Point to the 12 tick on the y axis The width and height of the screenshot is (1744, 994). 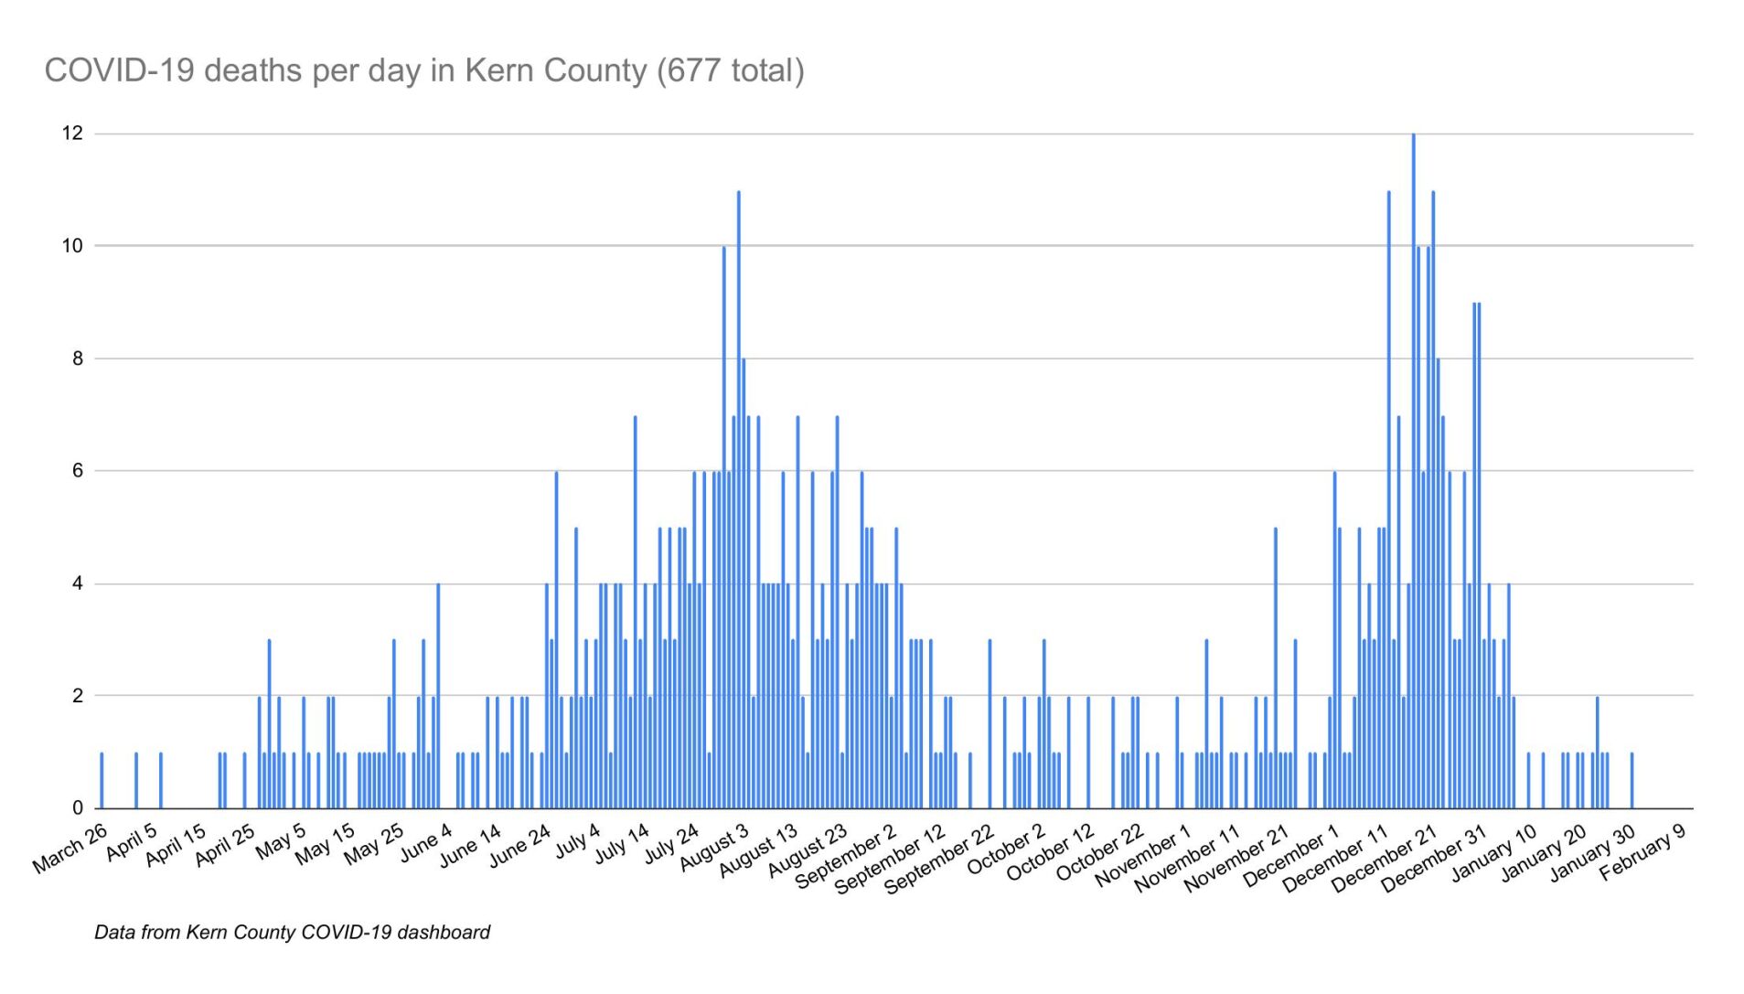click(72, 134)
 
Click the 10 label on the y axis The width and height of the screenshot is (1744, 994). click(72, 246)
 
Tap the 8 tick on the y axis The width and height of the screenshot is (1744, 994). click(77, 358)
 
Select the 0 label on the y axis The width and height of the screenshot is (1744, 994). click(77, 808)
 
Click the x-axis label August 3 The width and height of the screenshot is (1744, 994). click(714, 848)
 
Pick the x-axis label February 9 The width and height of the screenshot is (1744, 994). click(1642, 852)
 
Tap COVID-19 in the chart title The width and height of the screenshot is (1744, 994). click(119, 70)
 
